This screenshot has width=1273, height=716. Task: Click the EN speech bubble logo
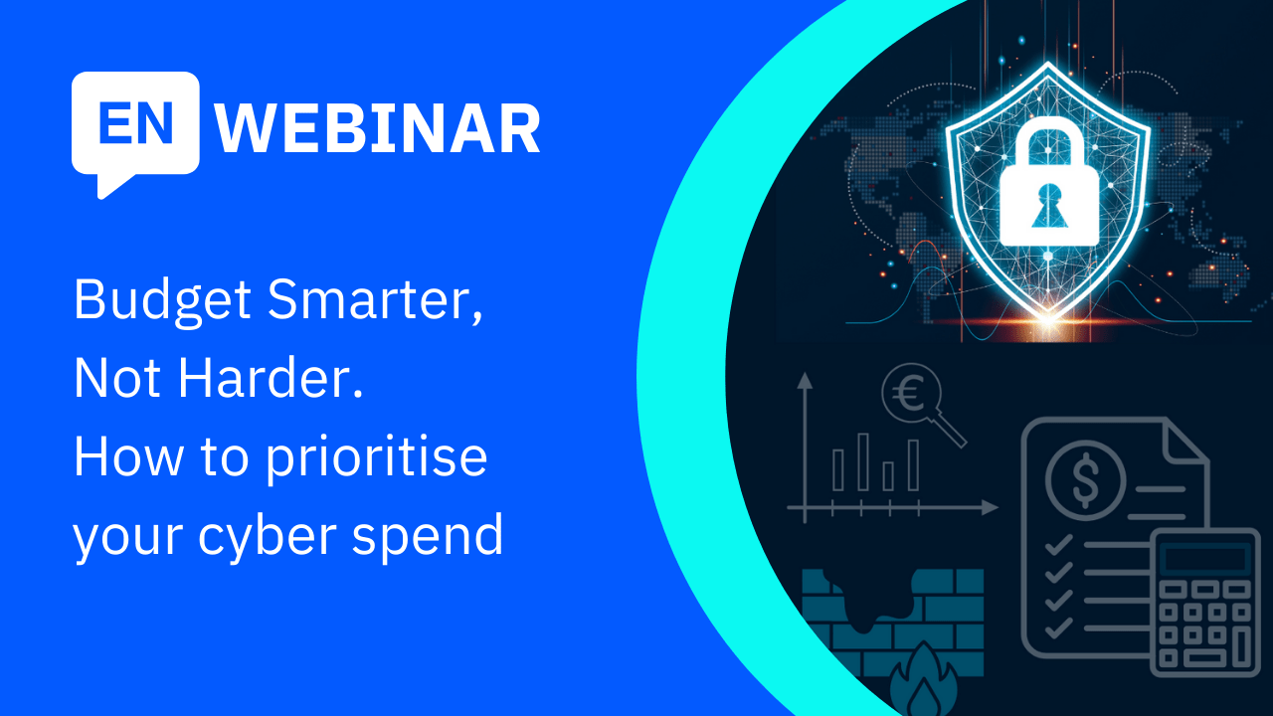click(135, 127)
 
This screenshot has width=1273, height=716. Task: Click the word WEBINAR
click(378, 129)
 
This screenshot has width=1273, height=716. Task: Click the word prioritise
click(374, 457)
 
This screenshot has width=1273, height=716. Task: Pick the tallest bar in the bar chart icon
click(863, 461)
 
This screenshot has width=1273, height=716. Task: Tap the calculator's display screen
click(1205, 559)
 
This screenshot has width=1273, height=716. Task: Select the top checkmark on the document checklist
click(1058, 543)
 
